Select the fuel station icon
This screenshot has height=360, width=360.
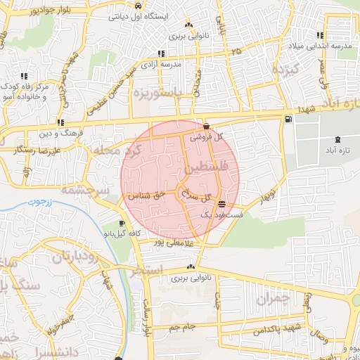288,118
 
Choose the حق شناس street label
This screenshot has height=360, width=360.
146,197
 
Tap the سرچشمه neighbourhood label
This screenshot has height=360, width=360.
83,189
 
